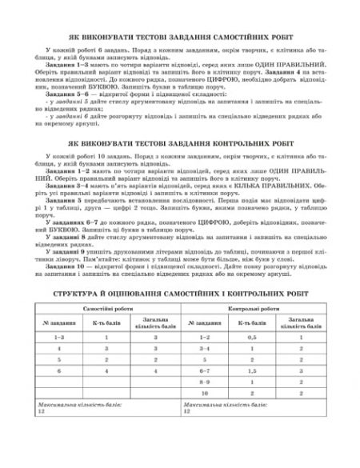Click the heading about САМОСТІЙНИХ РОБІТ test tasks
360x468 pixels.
point(181,37)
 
